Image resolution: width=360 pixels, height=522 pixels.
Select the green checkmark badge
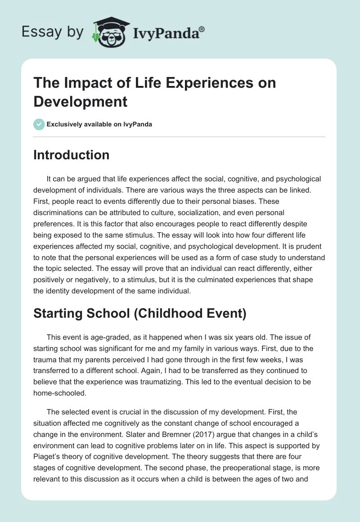tap(39, 124)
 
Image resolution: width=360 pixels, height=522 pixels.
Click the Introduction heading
tap(72, 155)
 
